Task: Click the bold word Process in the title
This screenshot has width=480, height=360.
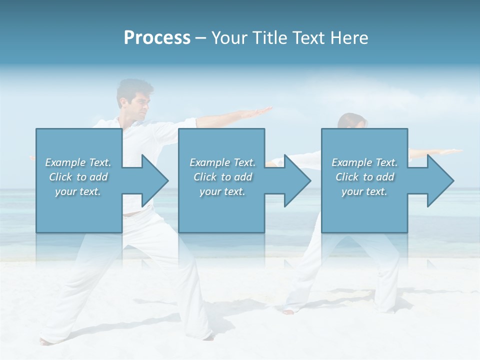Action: (x=157, y=38)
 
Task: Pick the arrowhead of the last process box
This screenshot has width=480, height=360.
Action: (x=440, y=181)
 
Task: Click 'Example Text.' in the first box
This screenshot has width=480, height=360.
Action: (x=78, y=162)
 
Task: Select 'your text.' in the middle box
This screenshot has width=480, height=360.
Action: (x=222, y=191)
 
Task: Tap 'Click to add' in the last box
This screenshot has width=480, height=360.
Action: (x=364, y=177)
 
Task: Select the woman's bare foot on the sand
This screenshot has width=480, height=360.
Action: (x=288, y=311)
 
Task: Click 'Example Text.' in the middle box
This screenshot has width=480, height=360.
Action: (x=222, y=162)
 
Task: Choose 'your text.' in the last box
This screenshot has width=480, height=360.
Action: (x=364, y=191)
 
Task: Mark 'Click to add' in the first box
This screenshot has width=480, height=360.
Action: (x=78, y=177)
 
